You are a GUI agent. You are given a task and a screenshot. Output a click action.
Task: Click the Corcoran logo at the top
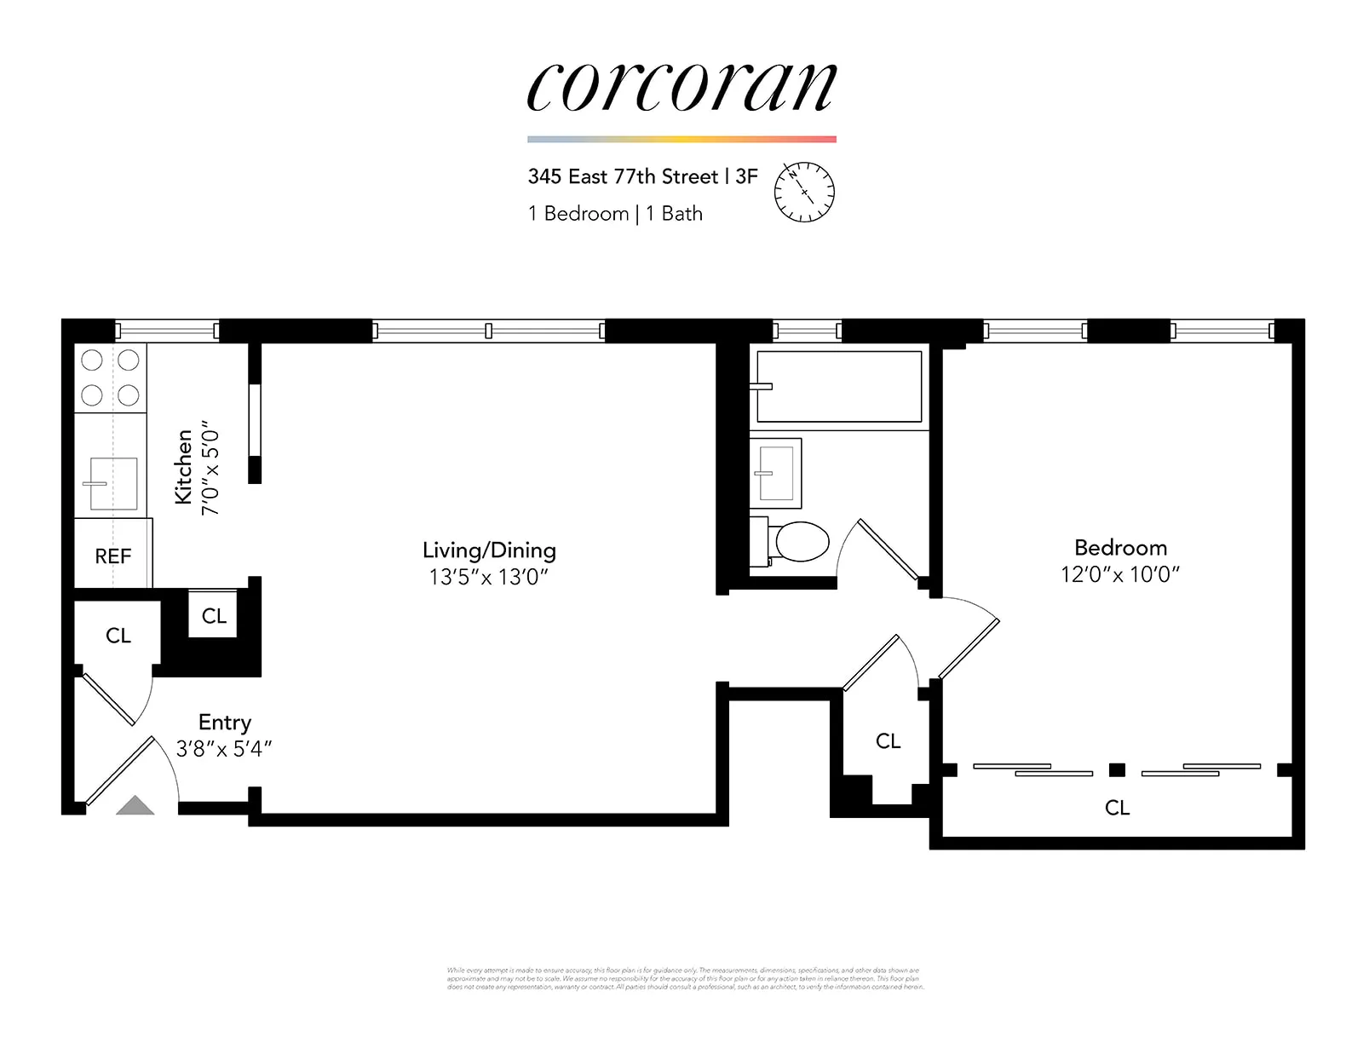click(681, 87)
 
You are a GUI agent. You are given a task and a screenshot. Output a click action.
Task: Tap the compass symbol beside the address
click(803, 193)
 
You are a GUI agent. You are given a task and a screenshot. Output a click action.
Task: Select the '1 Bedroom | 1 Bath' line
click(615, 214)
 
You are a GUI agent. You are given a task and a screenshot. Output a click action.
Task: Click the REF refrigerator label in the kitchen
click(113, 556)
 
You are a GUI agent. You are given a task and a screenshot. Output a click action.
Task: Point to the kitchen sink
click(113, 484)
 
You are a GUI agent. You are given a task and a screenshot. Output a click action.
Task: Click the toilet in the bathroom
click(797, 541)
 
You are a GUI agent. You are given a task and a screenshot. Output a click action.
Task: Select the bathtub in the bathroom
click(839, 386)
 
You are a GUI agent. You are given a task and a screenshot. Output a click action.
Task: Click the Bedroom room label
click(1120, 548)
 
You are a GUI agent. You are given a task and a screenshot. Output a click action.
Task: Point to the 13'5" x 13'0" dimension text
click(488, 577)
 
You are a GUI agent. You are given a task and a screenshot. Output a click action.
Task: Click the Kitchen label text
click(183, 467)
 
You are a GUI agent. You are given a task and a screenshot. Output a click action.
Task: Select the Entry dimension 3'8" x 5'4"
click(224, 749)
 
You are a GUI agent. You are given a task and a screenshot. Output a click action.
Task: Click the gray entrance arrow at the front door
click(135, 805)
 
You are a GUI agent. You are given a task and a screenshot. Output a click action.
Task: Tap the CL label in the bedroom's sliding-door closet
click(1117, 808)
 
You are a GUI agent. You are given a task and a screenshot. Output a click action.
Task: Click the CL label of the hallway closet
click(888, 741)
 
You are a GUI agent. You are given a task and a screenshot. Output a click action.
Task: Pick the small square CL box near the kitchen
click(214, 615)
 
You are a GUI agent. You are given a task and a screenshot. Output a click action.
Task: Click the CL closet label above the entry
click(118, 636)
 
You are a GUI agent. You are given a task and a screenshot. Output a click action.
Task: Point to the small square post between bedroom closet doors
click(1117, 770)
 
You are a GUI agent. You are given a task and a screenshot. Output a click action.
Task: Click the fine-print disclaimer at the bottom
click(684, 978)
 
